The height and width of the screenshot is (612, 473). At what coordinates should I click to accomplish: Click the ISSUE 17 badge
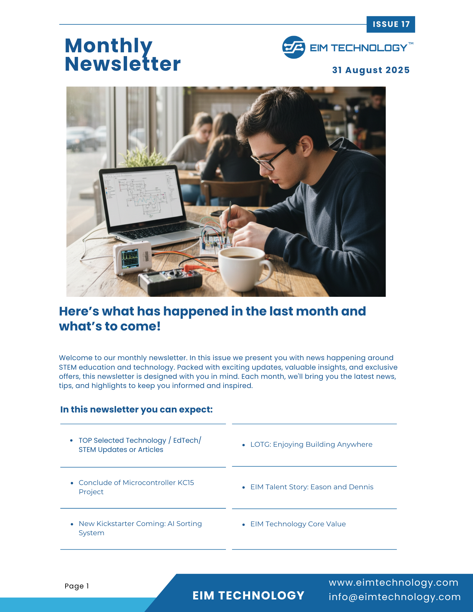(x=391, y=24)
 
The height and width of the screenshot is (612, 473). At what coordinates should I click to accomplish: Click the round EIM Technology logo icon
(x=293, y=47)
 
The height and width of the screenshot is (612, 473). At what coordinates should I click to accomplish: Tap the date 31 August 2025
(x=371, y=70)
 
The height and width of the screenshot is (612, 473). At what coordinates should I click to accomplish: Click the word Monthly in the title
(x=109, y=46)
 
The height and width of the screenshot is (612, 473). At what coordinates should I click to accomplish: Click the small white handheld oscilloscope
(x=132, y=257)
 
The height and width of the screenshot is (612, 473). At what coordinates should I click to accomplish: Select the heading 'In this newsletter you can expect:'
(x=136, y=409)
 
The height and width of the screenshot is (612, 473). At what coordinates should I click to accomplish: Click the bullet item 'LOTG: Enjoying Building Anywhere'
(x=311, y=444)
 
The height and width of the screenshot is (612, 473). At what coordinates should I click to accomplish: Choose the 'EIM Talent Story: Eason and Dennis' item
(x=312, y=487)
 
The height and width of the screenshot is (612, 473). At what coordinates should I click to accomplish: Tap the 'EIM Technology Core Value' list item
(x=298, y=524)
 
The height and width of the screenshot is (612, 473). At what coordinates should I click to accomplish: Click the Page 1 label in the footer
(x=77, y=586)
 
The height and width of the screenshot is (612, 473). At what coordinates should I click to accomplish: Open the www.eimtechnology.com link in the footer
(x=393, y=582)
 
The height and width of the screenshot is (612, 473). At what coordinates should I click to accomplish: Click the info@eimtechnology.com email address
(x=395, y=597)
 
